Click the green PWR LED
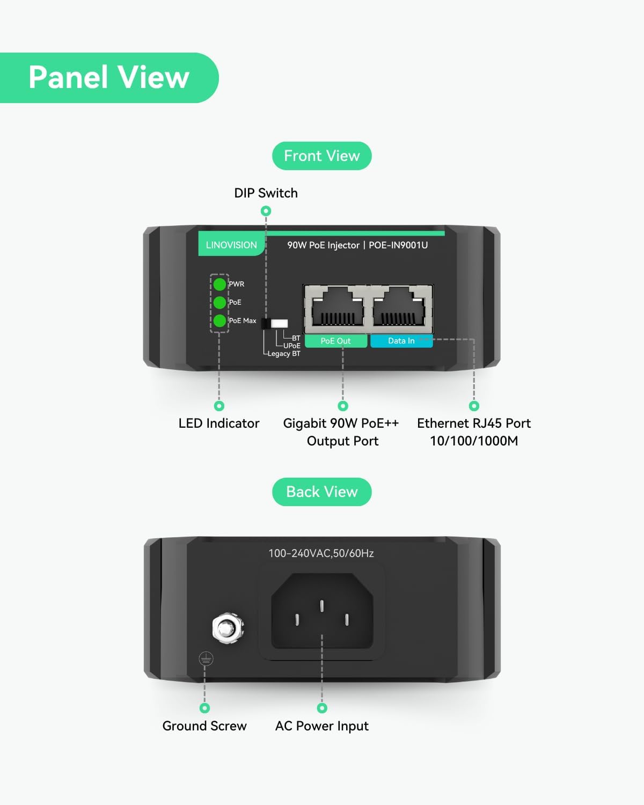tap(219, 284)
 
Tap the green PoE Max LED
tap(219, 320)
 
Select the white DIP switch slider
tap(279, 324)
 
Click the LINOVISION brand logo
tap(231, 245)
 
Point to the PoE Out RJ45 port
tap(338, 309)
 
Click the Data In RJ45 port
tap(401, 309)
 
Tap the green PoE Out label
tap(335, 341)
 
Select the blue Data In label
tap(401, 341)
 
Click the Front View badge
tap(322, 156)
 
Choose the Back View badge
tap(322, 492)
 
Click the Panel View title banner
tap(109, 78)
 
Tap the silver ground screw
tap(228, 628)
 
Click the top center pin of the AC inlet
tap(322, 606)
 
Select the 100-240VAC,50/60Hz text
tap(321, 553)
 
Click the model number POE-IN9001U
tap(398, 245)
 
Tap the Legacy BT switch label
tap(284, 354)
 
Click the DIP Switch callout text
tap(266, 193)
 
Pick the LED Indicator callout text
tap(219, 423)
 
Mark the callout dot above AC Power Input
tap(322, 708)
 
